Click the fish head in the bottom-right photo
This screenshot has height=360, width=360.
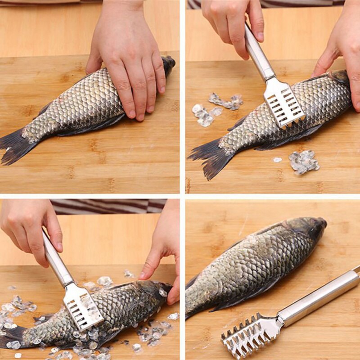tap(310, 227)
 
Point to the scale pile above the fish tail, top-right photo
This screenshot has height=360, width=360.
tap(216, 108)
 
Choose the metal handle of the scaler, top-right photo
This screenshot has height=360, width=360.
tap(259, 56)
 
